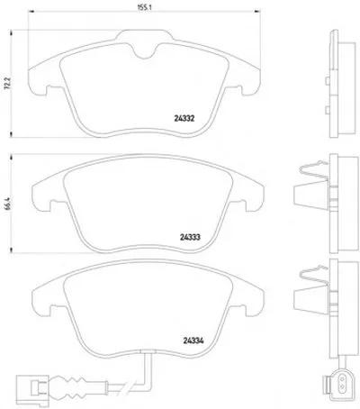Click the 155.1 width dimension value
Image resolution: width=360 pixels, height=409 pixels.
(x=144, y=7)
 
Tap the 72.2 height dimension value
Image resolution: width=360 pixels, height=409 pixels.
(x=8, y=84)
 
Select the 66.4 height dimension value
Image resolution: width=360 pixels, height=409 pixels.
(x=8, y=204)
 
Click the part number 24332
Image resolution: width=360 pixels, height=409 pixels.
(x=184, y=119)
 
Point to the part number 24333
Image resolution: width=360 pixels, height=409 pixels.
(x=190, y=238)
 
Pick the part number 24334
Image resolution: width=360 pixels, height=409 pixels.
(x=193, y=341)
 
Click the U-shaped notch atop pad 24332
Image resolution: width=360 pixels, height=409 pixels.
(x=145, y=51)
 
